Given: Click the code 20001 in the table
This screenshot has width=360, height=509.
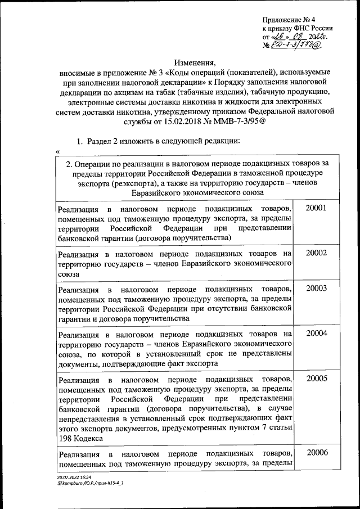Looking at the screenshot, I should tap(316, 208).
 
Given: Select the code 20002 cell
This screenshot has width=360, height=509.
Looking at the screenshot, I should tap(316, 253).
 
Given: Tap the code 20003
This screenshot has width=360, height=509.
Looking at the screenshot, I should tap(316, 288).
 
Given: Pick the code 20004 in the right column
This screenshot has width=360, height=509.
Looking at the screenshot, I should tap(316, 333).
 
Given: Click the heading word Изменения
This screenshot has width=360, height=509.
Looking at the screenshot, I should tap(195, 62).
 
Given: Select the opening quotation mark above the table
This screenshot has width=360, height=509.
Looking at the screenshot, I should tap(58, 150).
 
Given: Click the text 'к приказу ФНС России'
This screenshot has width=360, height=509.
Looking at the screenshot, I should tap(297, 28).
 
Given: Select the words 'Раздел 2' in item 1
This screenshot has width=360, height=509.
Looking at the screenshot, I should tap(105, 139).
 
